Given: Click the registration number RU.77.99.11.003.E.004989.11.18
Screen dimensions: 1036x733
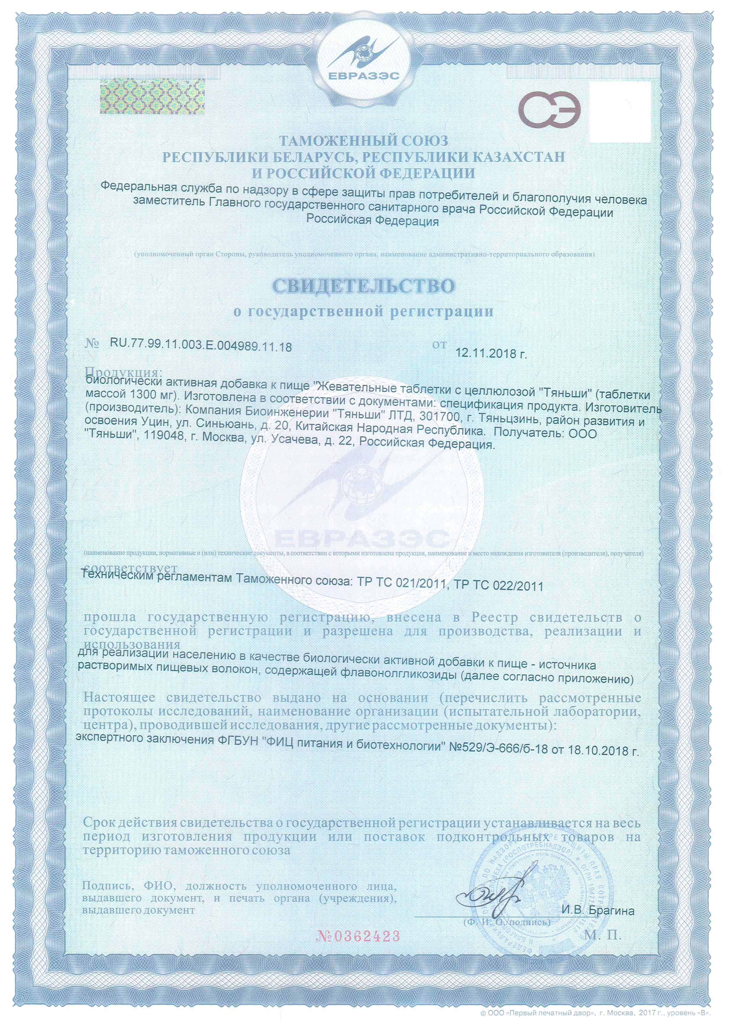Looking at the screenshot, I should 201,346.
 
